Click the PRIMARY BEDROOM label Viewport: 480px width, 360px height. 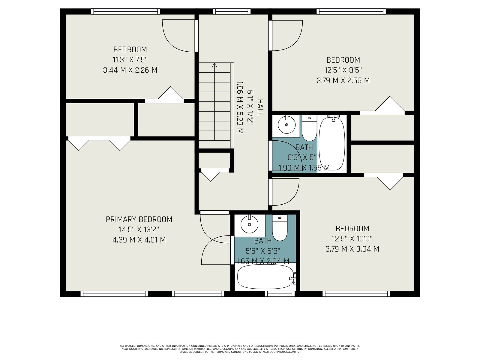(139, 219)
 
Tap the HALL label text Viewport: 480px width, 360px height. (260, 107)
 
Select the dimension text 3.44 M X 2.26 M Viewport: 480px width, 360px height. (130, 70)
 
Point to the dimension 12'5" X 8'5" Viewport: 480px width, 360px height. (343, 70)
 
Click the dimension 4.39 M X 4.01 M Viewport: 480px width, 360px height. (139, 240)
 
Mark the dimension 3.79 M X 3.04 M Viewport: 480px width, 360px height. (352, 249)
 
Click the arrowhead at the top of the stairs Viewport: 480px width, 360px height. (214, 65)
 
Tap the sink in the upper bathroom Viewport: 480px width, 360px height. (286, 125)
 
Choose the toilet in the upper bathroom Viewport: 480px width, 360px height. (309, 128)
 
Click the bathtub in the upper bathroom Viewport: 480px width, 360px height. (332, 143)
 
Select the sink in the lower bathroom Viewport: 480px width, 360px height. (249, 224)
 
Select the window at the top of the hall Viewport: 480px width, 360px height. (232, 11)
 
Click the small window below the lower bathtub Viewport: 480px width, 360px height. (280, 294)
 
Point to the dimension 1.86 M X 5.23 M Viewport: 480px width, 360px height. (240, 107)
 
